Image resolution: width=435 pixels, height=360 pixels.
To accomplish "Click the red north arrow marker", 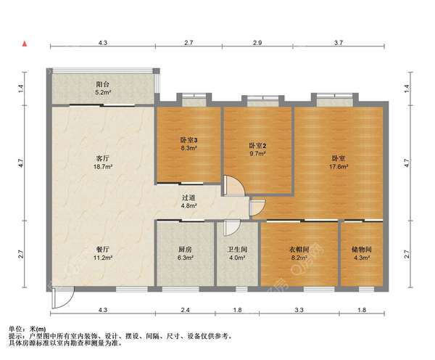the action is [x=25, y=44].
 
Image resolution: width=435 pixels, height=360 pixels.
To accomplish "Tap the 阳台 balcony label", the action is [x=103, y=84].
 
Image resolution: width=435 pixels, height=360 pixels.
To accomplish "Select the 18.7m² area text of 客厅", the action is [x=103, y=166].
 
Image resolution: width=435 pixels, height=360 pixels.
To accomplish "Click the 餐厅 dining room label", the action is [x=103, y=250].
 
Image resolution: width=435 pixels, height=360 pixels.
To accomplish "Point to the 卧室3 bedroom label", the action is [x=188, y=140].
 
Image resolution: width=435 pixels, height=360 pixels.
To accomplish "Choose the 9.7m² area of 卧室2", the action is [x=258, y=153].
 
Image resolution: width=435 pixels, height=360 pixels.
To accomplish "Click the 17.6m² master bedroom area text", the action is [x=339, y=166].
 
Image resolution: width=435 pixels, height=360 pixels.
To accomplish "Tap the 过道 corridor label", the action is [x=188, y=197].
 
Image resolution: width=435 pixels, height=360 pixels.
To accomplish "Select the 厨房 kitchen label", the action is [x=185, y=250].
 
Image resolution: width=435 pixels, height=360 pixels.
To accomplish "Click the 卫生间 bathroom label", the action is [x=238, y=250].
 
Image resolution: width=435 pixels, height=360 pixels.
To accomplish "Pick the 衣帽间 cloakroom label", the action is [x=299, y=250].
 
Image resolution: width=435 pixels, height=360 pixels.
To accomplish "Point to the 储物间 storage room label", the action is [x=362, y=250].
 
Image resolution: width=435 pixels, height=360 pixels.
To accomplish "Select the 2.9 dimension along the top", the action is [x=257, y=43].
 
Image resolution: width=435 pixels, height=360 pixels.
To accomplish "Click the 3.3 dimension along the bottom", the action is [x=299, y=310].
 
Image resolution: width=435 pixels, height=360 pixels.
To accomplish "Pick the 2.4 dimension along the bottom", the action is [x=185, y=310].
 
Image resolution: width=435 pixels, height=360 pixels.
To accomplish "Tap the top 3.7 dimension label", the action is [x=339, y=43].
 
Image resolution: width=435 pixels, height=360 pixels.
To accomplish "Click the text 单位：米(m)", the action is [x=28, y=330].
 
